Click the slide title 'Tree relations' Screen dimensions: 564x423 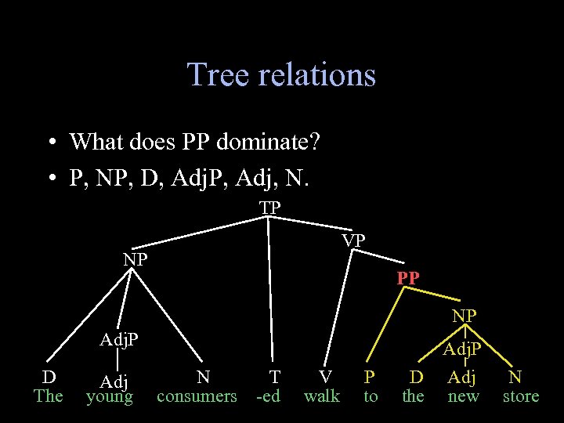[x=281, y=75]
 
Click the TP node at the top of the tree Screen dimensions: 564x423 [x=270, y=208]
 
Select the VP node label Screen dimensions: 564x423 [x=353, y=240]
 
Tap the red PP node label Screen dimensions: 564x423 [x=408, y=278]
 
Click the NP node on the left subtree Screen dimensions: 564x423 [x=136, y=258]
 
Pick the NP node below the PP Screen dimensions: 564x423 [x=465, y=316]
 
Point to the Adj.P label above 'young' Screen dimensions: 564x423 [x=118, y=340]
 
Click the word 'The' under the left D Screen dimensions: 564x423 [x=48, y=396]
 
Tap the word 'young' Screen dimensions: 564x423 [x=110, y=396]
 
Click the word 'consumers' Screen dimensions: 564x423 [x=197, y=396]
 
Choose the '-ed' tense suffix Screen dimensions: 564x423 [x=268, y=396]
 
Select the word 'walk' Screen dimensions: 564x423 [x=322, y=396]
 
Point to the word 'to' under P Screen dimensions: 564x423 [x=371, y=396]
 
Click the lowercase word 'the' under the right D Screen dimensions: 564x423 [x=413, y=396]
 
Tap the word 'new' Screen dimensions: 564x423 [x=463, y=396]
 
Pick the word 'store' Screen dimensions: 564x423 [x=521, y=396]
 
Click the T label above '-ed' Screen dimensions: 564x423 [x=274, y=376]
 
